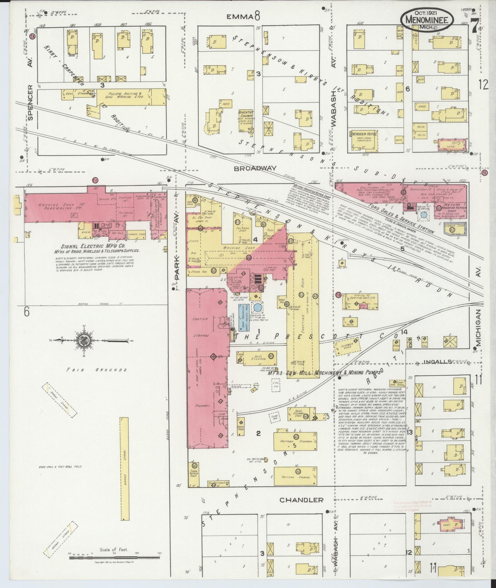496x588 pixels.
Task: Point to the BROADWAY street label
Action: [x=255, y=168]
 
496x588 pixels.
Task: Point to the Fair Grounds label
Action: [x=93, y=370]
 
